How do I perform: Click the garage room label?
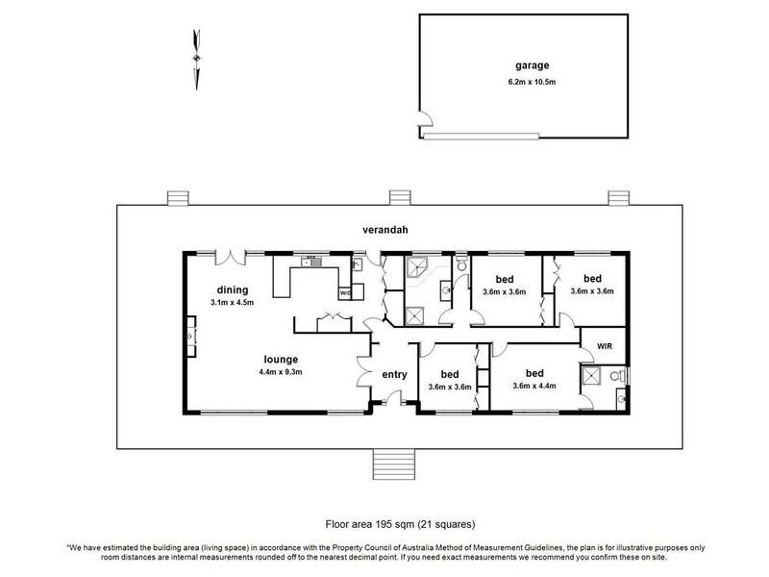coord(532,65)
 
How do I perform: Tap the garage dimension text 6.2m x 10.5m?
coord(532,82)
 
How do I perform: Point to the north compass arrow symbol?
coord(197,60)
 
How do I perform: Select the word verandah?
coord(385,230)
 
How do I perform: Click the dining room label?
coord(233,290)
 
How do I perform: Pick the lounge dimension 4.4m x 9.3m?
coord(281,372)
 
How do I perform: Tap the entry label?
coord(394,375)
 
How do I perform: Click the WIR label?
coord(605,346)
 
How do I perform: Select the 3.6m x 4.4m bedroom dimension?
coord(534,386)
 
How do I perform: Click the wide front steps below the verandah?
coord(394,464)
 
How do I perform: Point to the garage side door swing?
coord(426,118)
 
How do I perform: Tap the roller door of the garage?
coord(482,136)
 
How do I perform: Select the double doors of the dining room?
coord(231,257)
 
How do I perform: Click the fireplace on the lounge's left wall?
coord(190,337)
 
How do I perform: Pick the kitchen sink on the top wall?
coord(311,262)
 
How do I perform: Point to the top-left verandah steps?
coord(178,198)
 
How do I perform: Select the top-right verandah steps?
coord(618,198)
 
